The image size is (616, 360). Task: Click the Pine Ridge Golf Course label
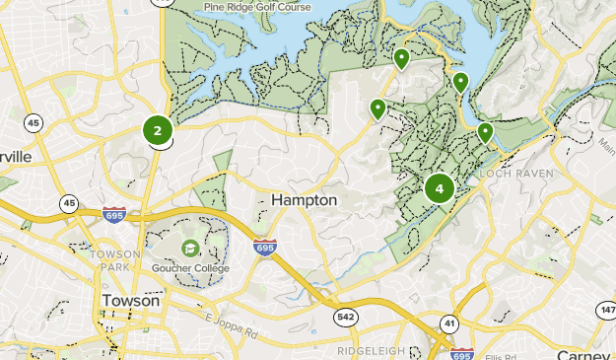point(256,7)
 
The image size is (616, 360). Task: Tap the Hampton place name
point(304,200)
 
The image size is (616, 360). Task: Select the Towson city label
point(131,301)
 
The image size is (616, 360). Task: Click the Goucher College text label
point(190,268)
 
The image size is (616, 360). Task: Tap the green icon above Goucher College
point(188,247)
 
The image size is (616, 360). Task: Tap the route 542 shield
point(345,317)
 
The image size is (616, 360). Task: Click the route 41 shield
point(449,323)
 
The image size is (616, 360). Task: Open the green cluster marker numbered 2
point(158,129)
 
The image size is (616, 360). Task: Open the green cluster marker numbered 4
point(439,187)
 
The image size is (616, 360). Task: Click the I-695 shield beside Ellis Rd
point(461,353)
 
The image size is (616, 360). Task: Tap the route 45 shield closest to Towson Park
point(68,203)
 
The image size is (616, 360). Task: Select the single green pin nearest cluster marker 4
point(485,132)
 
